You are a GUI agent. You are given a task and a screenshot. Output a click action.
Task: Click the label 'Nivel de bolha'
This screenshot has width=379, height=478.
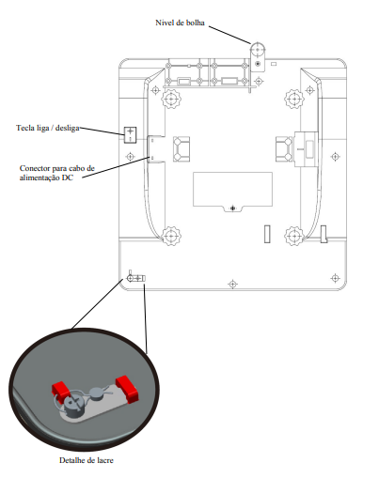[180, 23]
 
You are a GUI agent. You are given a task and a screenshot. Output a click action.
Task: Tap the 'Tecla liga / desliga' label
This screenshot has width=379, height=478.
[48, 128]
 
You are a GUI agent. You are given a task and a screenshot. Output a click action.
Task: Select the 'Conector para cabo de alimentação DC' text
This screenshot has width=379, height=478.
[56, 173]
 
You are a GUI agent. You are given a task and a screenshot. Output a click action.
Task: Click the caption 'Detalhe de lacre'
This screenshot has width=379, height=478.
[87, 460]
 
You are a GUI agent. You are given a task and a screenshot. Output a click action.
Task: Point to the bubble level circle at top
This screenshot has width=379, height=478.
[258, 50]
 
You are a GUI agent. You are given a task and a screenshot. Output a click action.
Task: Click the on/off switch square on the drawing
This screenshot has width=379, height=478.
[130, 134]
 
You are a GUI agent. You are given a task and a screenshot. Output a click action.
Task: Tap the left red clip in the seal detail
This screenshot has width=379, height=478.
[60, 389]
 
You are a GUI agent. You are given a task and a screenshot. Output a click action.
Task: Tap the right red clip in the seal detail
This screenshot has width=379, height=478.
[127, 389]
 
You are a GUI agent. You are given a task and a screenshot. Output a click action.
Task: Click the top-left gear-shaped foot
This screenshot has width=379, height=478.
[171, 99]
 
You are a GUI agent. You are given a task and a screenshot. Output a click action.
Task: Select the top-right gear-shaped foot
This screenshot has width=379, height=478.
[294, 99]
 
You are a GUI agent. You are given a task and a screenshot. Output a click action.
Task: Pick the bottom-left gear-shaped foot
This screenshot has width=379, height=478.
[171, 236]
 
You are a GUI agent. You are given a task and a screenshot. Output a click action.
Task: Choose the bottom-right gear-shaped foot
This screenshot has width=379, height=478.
[294, 236]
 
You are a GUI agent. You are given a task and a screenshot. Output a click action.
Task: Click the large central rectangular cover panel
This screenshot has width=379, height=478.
[232, 189]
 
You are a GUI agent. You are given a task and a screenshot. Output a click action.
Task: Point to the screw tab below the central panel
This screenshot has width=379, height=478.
[232, 208]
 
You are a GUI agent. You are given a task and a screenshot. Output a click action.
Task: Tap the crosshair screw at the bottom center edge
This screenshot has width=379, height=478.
[232, 285]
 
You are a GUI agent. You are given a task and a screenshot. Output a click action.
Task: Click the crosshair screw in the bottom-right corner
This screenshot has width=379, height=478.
[335, 278]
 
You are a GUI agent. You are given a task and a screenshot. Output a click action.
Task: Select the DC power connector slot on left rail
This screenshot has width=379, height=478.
[151, 149]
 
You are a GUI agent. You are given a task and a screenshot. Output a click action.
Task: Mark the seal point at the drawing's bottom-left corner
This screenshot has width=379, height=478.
[136, 278]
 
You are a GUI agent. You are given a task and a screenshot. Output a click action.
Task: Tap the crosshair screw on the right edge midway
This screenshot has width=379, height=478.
[335, 156]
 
